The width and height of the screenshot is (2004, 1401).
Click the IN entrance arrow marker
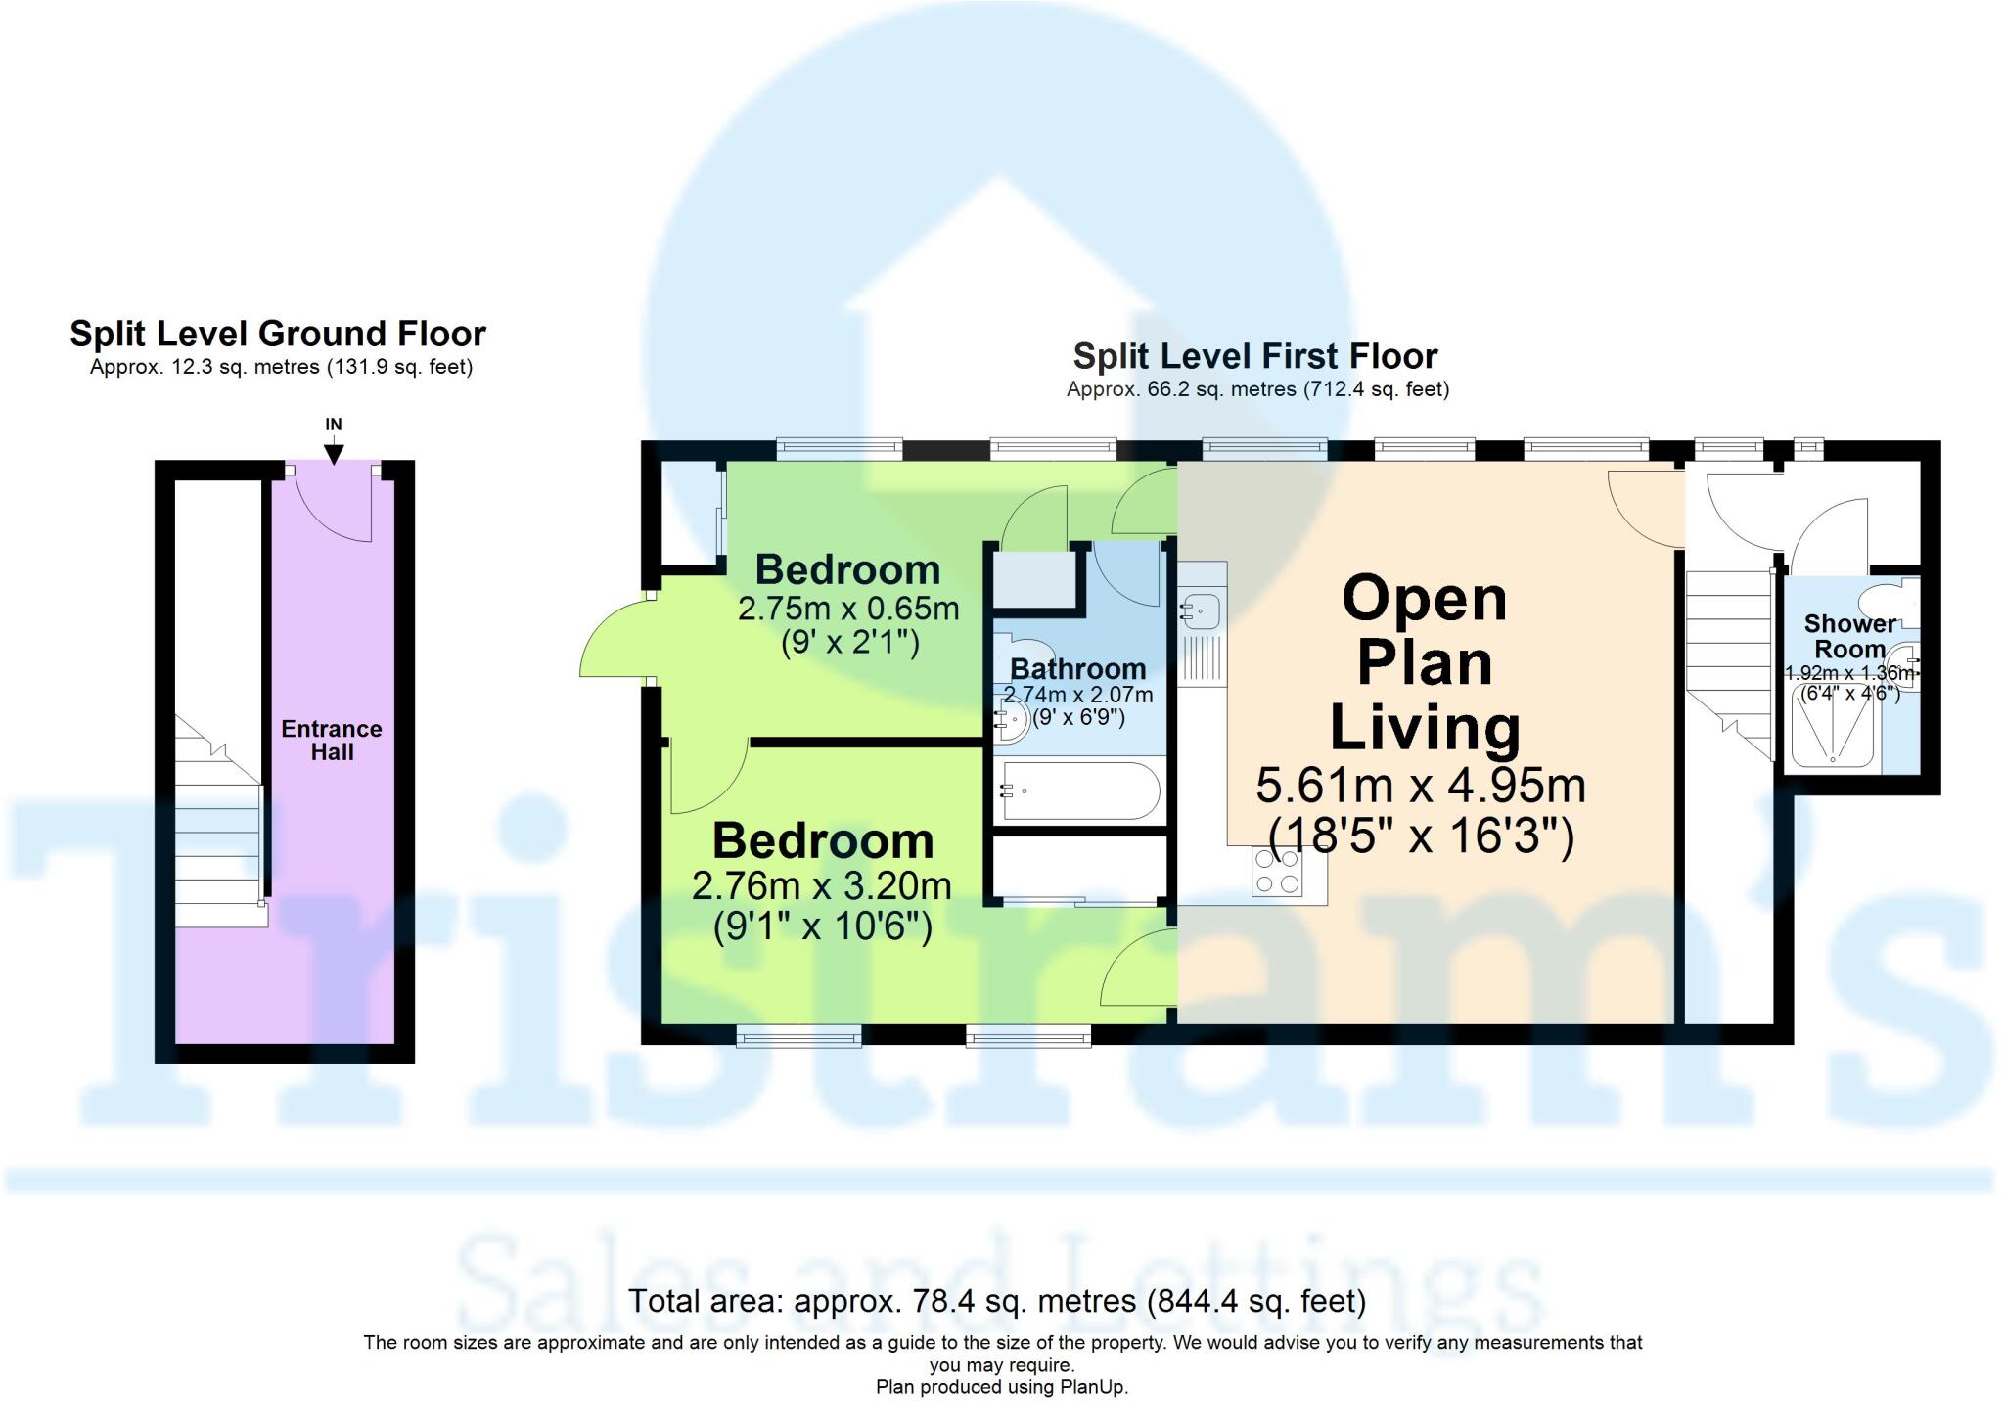pyautogui.click(x=334, y=452)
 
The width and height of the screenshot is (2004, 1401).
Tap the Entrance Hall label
pyautogui.click(x=332, y=741)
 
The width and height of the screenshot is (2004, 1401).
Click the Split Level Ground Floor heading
pyautogui.click(x=277, y=335)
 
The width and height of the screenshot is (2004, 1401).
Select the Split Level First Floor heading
pyautogui.click(x=1255, y=356)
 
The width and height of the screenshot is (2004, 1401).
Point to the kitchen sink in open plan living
pyautogui.click(x=1200, y=612)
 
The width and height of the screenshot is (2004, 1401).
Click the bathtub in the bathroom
pyautogui.click(x=1080, y=791)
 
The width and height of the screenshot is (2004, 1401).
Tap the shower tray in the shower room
pyautogui.click(x=1833, y=725)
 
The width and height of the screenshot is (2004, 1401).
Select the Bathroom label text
pyautogui.click(x=1077, y=669)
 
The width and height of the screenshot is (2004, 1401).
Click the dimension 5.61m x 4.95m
pyautogui.click(x=1420, y=786)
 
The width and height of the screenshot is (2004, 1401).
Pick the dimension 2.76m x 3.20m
pyautogui.click(x=821, y=886)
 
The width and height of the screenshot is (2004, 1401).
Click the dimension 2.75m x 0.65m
pyautogui.click(x=847, y=609)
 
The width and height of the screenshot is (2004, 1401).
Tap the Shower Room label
pyautogui.click(x=1848, y=636)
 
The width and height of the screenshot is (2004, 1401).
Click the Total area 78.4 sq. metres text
pyautogui.click(x=996, y=1301)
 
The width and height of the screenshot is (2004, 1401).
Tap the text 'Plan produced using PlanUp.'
pyautogui.click(x=1001, y=1386)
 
